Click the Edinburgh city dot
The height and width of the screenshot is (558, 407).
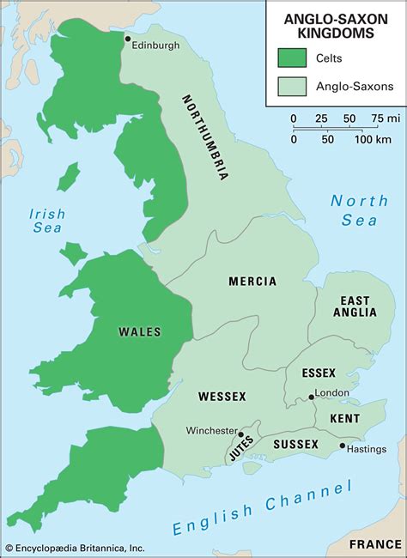[128, 39]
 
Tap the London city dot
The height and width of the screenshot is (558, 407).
[311, 397]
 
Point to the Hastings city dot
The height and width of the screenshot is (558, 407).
[342, 446]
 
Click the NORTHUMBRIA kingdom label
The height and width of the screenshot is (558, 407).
[205, 136]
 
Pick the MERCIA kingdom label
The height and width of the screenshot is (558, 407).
[252, 282]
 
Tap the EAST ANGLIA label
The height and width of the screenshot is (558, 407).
[355, 306]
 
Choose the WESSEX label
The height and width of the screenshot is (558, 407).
[222, 396]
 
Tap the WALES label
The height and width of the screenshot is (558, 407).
[140, 331]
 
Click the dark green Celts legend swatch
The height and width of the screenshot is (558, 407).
[293, 57]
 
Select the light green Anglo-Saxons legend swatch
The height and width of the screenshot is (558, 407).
[293, 86]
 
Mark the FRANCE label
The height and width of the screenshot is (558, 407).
[374, 544]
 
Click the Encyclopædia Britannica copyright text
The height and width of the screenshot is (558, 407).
[76, 548]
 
